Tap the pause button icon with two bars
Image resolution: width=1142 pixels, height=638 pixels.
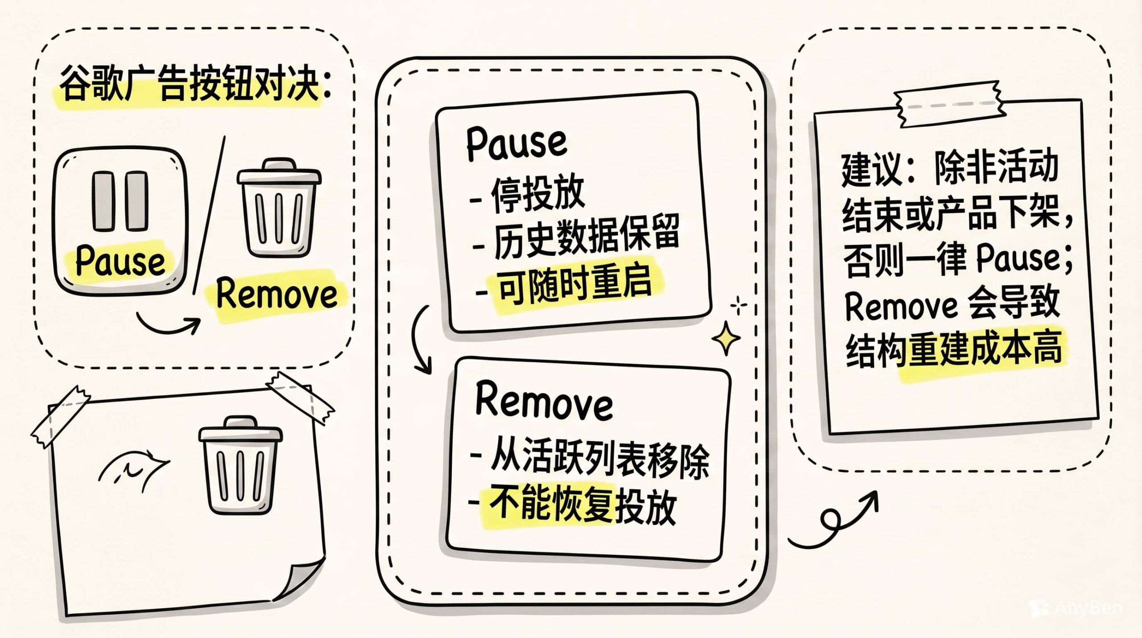click(120, 221)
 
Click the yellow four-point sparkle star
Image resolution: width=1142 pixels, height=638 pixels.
click(726, 338)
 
